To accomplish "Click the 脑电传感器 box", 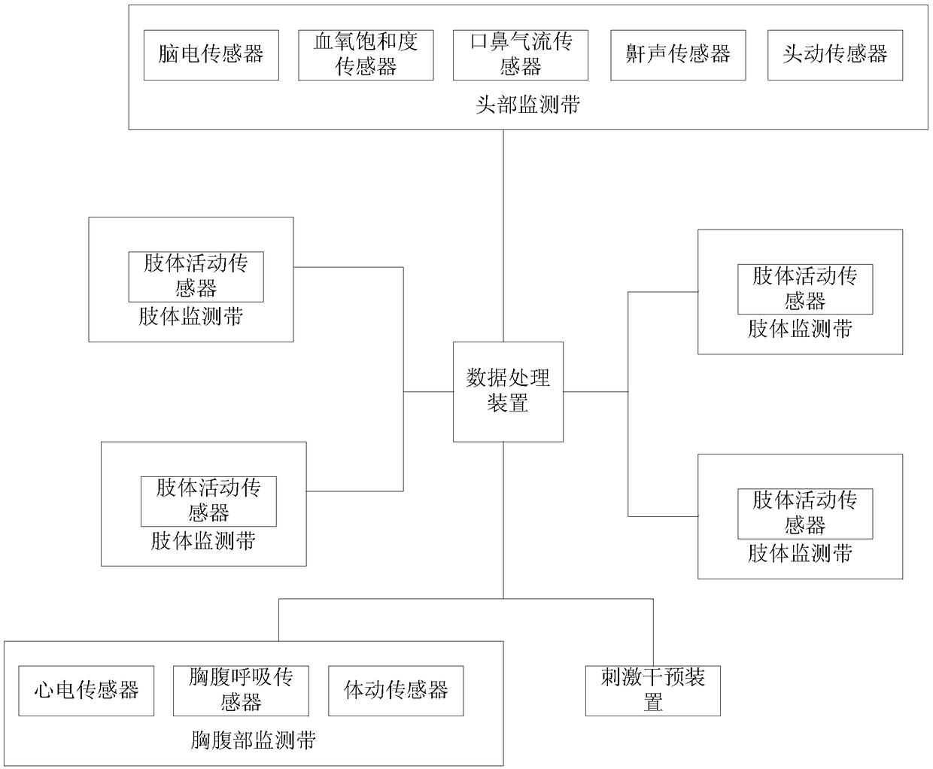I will coord(211,55).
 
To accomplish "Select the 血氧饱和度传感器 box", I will coord(366,55).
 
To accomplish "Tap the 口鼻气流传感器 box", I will coord(520,55).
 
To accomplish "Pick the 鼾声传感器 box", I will coord(678,55).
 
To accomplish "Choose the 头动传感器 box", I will coord(834,55).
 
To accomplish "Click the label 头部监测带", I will coord(527,105).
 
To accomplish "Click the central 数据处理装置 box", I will coord(508,391).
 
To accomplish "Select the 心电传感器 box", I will coord(86,690).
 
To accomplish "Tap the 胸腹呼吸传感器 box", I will coord(241,690).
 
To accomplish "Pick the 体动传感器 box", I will coord(396,690).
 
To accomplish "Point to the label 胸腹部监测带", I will coord(253,740).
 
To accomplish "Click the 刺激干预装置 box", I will coord(652,690).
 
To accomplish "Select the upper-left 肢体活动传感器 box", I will coord(196,276).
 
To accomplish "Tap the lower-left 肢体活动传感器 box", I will coord(208,500).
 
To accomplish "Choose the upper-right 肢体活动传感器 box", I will coord(804,289).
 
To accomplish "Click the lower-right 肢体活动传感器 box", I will coord(804,513).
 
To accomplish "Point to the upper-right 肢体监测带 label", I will coord(800,329).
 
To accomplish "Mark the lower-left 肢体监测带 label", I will coord(203,541).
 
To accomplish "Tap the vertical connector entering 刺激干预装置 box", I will coord(653,632).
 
